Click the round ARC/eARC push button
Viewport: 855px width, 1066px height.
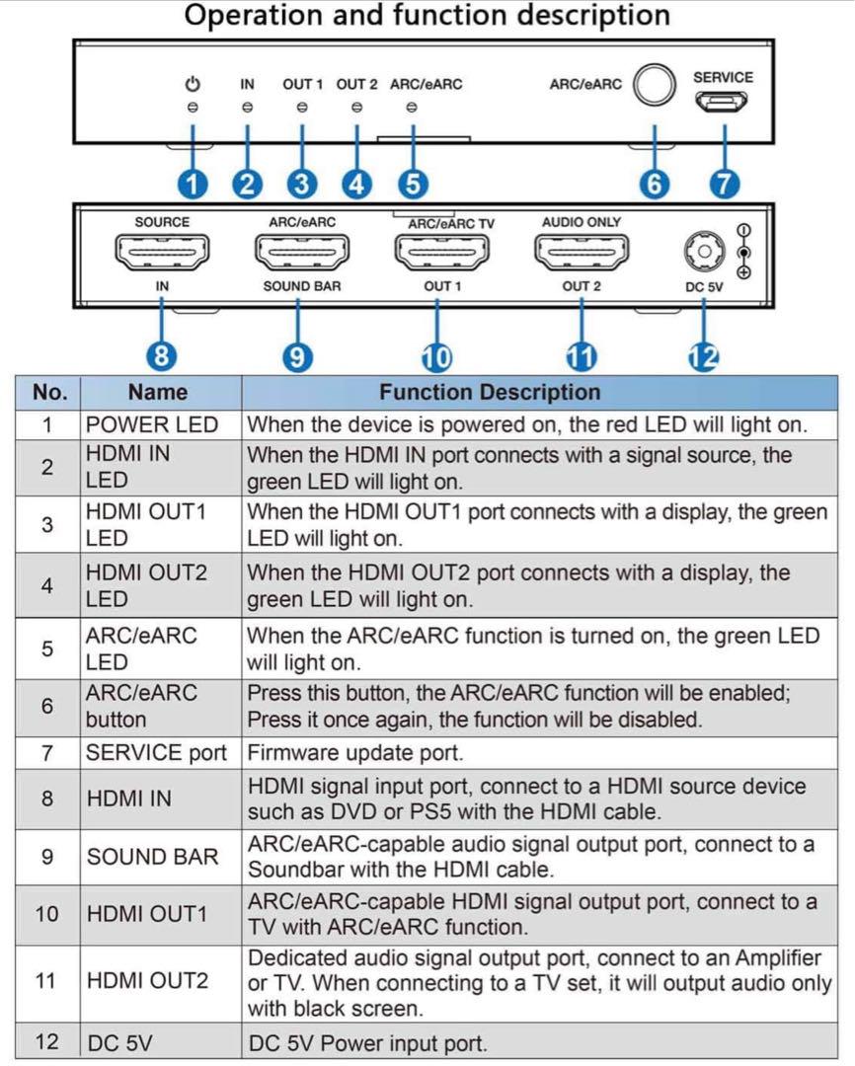[655, 85]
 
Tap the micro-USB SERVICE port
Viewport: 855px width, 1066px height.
[722, 102]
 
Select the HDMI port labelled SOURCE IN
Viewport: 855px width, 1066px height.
[162, 253]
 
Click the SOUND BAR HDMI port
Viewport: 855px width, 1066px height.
[302, 253]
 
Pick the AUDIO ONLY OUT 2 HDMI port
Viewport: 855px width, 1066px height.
[582, 253]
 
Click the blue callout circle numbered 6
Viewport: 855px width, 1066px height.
[655, 185]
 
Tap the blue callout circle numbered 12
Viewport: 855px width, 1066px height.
[703, 357]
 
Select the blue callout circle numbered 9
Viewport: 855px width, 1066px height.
[297, 357]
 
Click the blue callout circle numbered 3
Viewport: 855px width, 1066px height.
[302, 185]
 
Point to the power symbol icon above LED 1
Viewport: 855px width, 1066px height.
[194, 84]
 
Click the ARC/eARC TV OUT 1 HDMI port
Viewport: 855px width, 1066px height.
[442, 253]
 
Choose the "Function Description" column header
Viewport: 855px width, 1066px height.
[490, 392]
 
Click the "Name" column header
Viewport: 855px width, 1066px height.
[158, 392]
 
